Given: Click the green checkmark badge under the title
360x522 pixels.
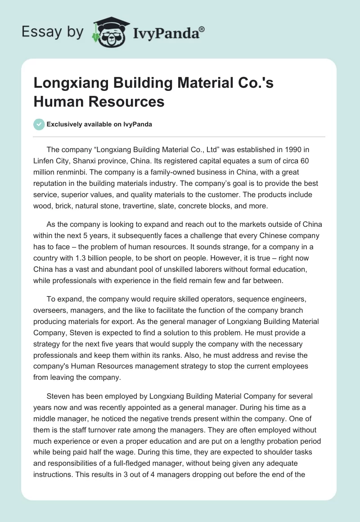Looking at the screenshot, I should [x=39, y=124].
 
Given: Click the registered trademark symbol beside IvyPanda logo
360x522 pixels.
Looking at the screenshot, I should [x=202, y=29].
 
